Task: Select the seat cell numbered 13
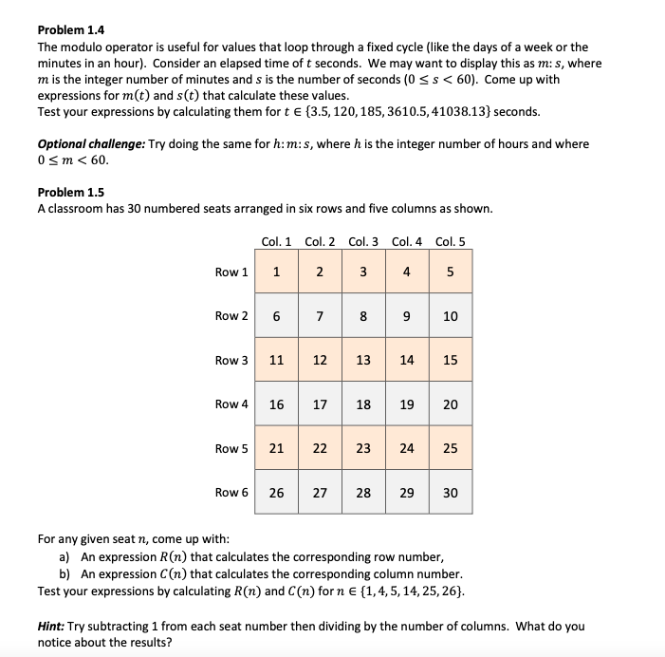tap(363, 360)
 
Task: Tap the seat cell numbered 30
tap(450, 492)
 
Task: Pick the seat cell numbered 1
tap(275, 272)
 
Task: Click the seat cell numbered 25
tap(450, 448)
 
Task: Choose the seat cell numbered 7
tap(319, 316)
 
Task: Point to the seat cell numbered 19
tap(406, 404)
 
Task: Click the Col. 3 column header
tap(363, 240)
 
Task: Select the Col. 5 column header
tap(450, 240)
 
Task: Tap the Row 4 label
tap(231, 404)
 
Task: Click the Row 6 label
tap(231, 492)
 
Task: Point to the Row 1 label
tap(231, 272)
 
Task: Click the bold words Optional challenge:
tap(91, 144)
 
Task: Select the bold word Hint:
tap(54, 627)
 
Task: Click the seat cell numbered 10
tap(450, 316)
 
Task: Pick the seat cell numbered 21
tap(275, 448)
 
